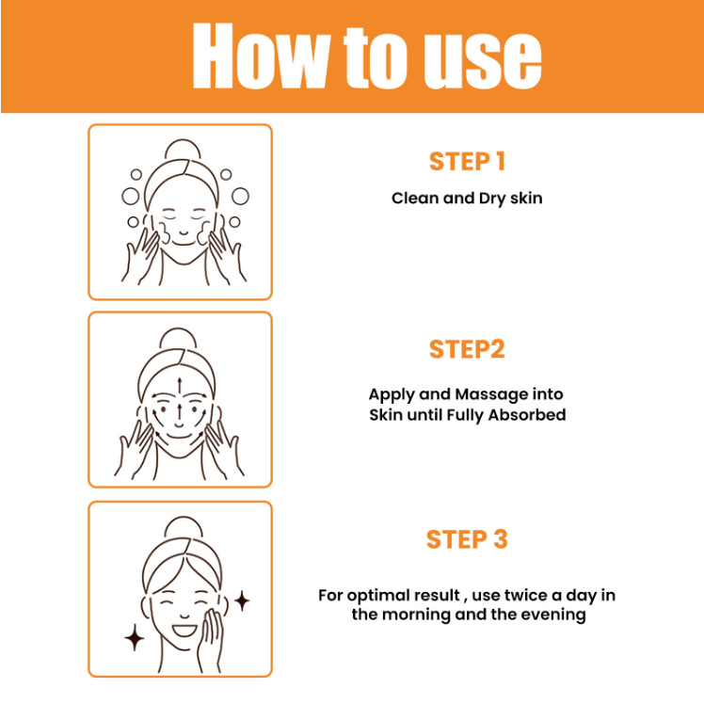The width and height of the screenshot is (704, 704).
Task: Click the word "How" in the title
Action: point(262,56)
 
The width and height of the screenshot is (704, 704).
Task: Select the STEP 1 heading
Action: point(467,162)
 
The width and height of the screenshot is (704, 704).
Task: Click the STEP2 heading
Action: point(467,349)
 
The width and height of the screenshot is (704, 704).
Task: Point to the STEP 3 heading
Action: point(467,539)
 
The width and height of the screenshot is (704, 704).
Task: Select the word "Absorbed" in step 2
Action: point(527,414)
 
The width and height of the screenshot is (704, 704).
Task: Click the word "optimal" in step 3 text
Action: point(378,597)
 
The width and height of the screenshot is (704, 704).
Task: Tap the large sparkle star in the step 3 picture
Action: point(135,637)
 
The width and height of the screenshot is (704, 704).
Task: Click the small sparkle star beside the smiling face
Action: point(243,600)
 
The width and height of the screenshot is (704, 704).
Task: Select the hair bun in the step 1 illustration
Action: point(183,148)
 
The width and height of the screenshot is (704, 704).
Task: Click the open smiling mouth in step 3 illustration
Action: point(185,631)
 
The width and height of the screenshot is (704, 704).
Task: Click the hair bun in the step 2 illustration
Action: point(178,337)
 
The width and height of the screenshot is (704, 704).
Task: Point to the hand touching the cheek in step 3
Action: point(211,638)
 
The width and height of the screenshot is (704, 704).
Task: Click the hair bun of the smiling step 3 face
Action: point(183,526)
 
